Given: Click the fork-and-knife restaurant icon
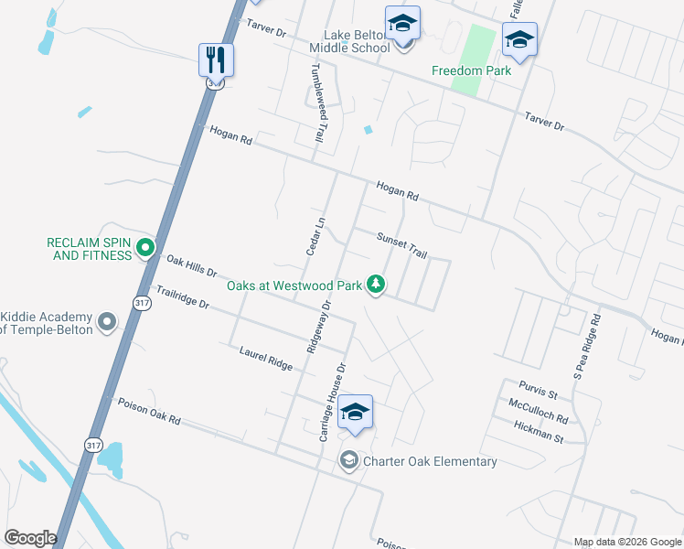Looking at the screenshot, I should point(217,60).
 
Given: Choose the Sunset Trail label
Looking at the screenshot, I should point(402,244).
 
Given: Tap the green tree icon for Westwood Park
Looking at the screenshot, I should point(375,285).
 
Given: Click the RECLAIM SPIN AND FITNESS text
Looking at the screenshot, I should point(90,249).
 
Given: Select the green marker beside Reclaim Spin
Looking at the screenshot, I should point(144,246).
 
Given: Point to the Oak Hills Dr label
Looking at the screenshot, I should point(190,266).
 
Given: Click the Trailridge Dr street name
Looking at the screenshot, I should point(183,298).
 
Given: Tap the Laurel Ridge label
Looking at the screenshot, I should point(265,358).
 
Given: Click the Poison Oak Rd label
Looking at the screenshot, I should point(148,411).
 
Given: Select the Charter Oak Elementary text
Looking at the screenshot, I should point(430,461).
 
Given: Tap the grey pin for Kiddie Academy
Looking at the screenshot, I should point(107,321).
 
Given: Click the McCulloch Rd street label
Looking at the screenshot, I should point(538,411).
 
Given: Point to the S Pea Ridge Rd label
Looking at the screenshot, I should point(585,346).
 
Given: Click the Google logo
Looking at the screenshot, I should point(29,538).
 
